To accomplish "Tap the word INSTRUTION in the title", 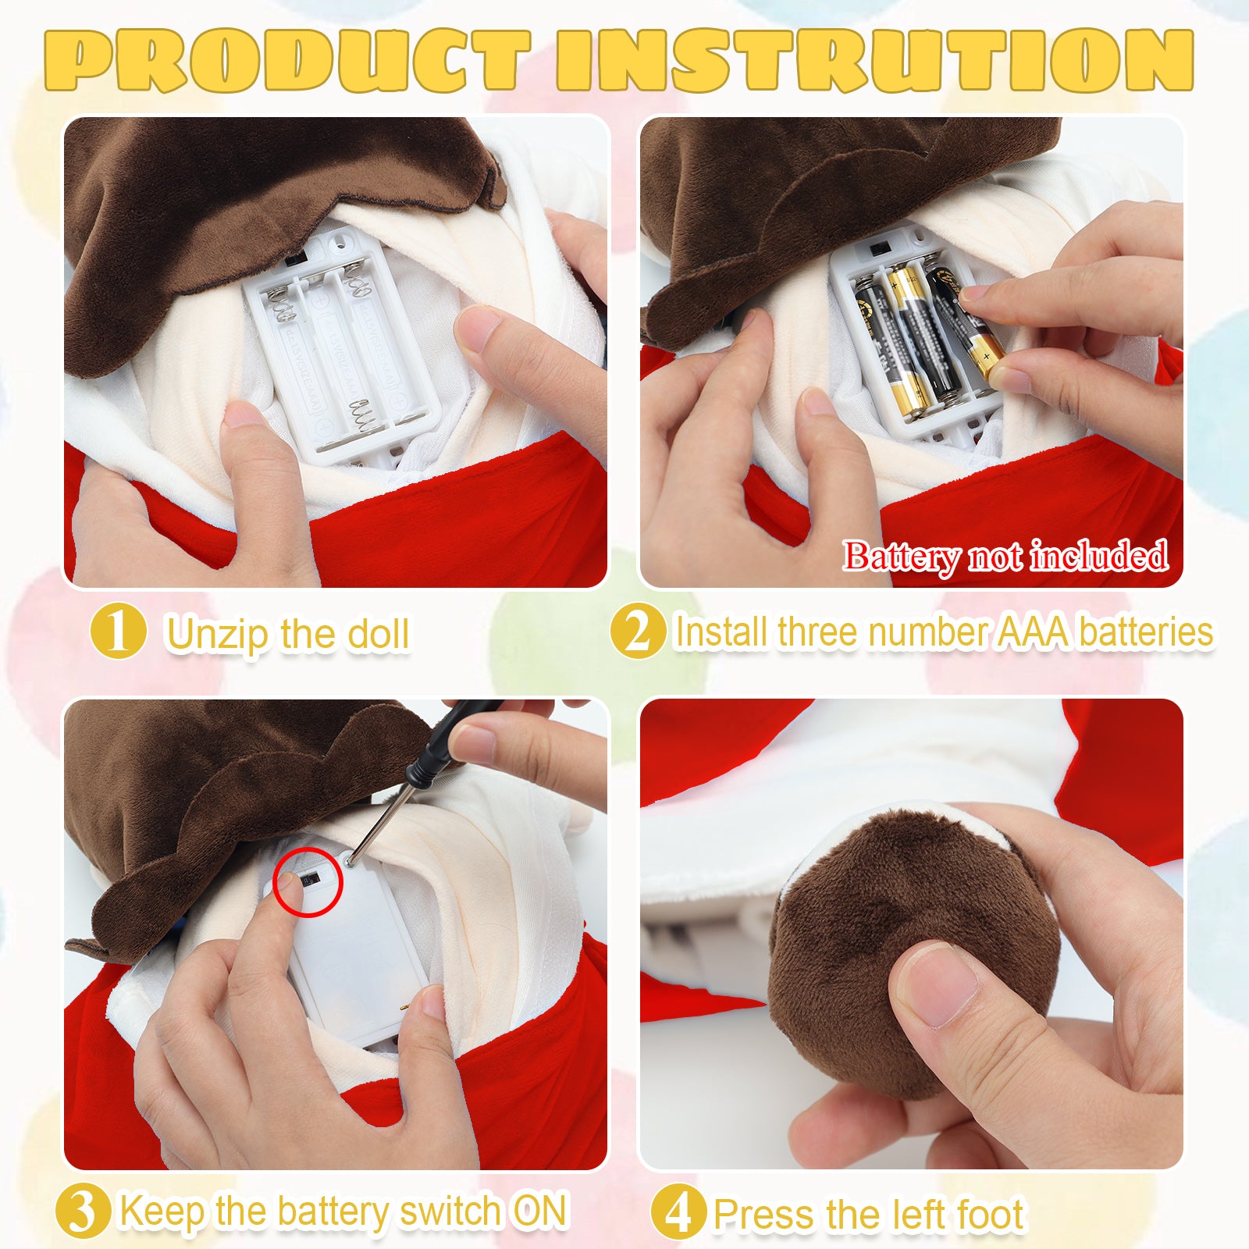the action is (875, 60).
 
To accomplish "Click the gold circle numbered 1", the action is (118, 630).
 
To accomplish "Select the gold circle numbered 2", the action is (638, 630).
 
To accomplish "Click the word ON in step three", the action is (539, 1211).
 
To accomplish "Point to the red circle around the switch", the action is (308, 881).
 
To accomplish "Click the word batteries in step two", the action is (1147, 632).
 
